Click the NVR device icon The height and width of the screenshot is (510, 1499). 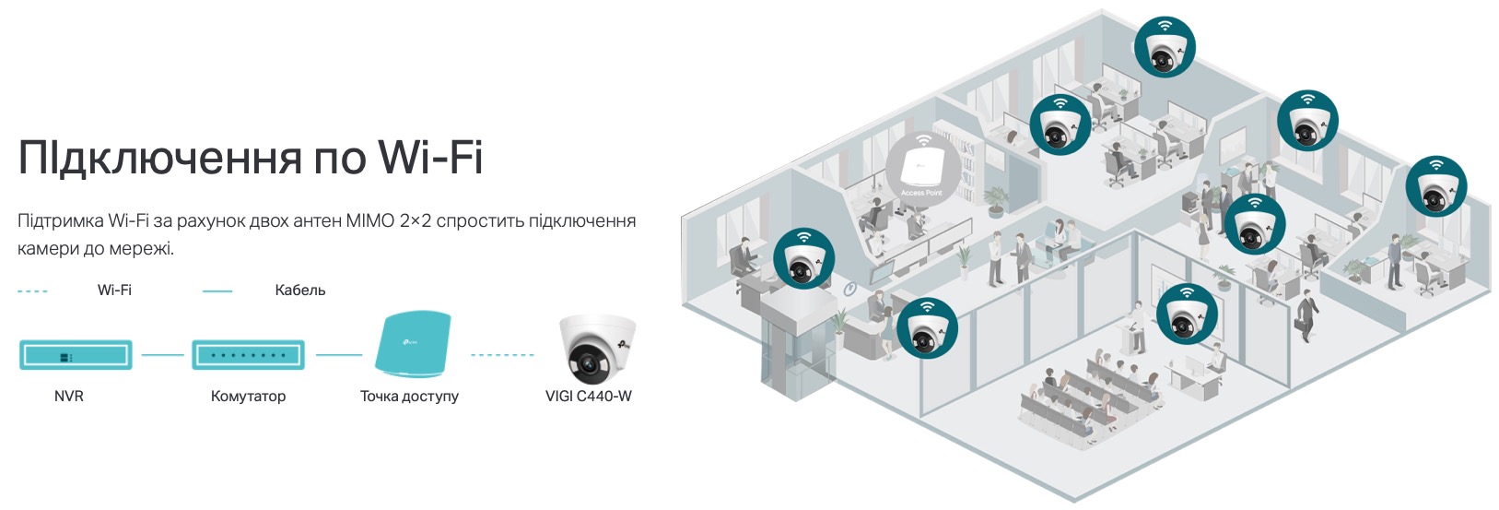76,355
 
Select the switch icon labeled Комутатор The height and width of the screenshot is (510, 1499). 248,355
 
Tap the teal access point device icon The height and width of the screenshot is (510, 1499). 414,345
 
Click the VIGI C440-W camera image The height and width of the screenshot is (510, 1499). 597,350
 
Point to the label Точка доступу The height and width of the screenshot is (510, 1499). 409,397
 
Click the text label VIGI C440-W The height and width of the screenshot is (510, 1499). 588,397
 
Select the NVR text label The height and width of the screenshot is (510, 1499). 69,397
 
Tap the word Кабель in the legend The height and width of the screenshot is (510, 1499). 299,291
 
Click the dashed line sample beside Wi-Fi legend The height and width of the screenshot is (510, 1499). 32,291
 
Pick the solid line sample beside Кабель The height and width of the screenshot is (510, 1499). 217,291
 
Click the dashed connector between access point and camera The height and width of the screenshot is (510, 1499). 502,355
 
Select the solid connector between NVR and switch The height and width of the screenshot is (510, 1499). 162,355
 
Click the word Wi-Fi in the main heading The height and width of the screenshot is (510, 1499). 430,158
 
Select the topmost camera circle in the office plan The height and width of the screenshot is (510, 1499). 1165,47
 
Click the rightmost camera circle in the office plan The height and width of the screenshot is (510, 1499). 1435,185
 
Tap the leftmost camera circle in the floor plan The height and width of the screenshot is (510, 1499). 803,258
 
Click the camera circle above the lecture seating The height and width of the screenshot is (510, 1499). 1187,313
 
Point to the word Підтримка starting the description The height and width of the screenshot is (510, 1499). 60,221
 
